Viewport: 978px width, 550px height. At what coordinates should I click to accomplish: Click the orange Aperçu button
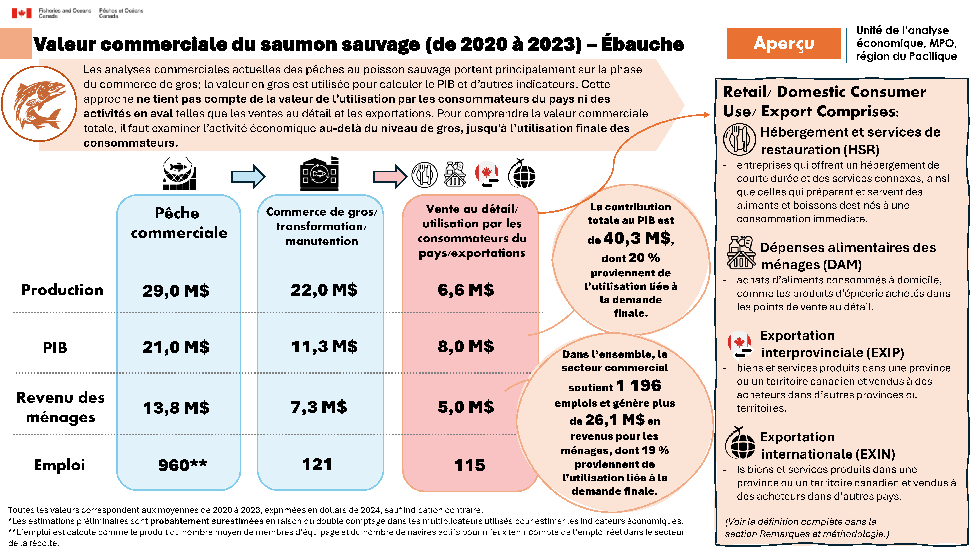click(783, 43)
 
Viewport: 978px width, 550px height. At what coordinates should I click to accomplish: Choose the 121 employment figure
click(317, 465)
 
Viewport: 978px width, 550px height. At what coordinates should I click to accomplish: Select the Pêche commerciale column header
click(178, 223)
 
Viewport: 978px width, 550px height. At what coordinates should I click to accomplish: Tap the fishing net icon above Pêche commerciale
click(179, 174)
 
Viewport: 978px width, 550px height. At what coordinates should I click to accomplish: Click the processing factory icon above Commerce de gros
click(319, 174)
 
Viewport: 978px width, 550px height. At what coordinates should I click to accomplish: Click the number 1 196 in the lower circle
click(639, 386)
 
